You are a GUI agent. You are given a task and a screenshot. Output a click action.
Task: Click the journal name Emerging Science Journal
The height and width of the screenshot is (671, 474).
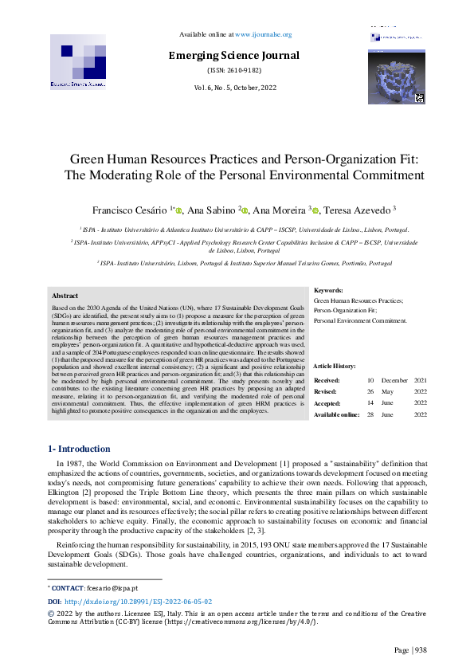tap(233, 56)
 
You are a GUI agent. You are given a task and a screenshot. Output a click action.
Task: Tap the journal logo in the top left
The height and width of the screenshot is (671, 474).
tap(78, 61)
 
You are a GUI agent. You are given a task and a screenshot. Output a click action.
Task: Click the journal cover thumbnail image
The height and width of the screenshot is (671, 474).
tap(396, 78)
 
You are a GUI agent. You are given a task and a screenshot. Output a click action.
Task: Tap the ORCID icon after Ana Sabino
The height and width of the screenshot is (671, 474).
tap(245, 189)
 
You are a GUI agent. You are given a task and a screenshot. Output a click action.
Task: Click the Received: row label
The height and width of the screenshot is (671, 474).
tap(327, 381)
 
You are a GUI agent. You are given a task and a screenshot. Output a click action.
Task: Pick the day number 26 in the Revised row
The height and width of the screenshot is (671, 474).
tap(370, 392)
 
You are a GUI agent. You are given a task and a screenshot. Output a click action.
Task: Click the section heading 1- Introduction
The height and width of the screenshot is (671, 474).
tap(80, 449)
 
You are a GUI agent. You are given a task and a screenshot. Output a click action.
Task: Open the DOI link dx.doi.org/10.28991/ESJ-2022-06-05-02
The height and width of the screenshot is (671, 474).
tap(138, 601)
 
